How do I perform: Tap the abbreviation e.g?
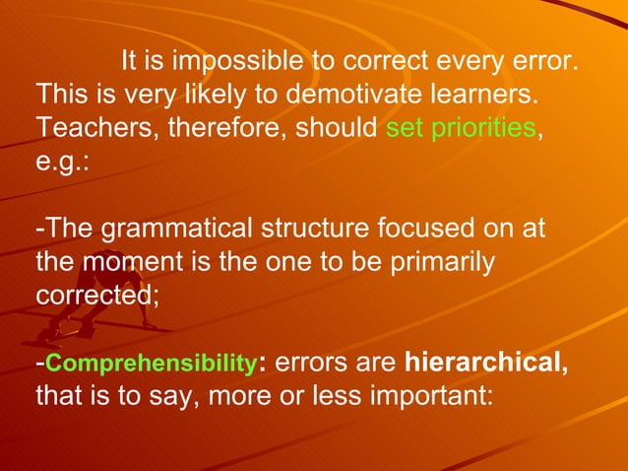[x=61, y=161]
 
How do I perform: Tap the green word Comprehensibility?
[x=151, y=364]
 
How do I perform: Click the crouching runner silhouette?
[x=98, y=320]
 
